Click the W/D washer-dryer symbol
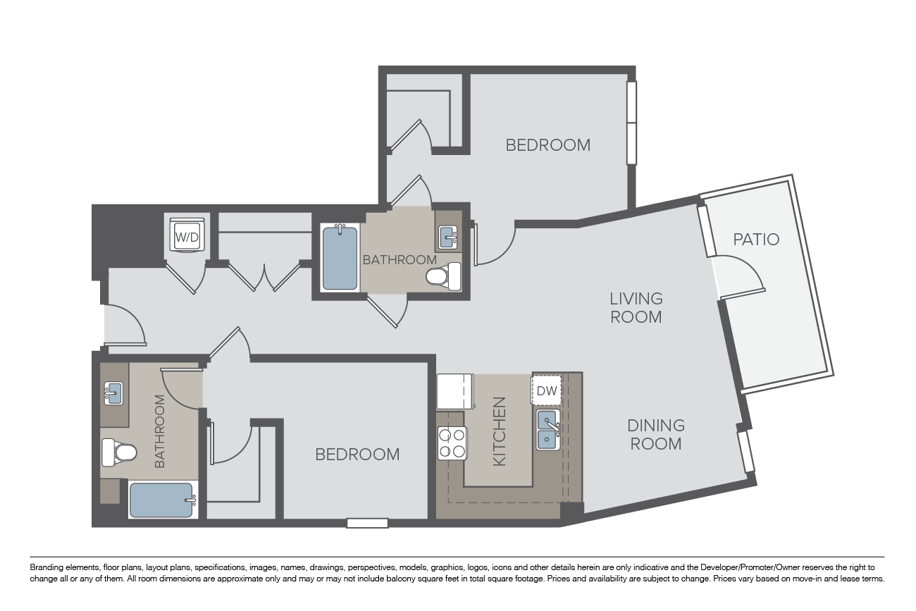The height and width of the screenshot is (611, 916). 187,235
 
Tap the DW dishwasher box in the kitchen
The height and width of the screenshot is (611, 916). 547,390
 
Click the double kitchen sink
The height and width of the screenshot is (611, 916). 548,429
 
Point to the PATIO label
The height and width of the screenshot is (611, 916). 756,240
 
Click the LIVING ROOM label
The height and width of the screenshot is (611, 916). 636,307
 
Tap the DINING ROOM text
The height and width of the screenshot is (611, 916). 656,434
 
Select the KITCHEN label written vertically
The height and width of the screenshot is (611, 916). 500,431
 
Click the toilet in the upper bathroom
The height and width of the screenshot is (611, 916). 443,276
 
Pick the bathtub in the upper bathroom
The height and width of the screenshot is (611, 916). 340,258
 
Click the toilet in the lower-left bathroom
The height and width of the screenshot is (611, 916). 118,452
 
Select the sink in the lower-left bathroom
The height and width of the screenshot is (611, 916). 113,393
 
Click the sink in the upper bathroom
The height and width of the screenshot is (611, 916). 447,237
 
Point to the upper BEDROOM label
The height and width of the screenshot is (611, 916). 548,145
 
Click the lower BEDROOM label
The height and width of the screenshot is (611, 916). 357,455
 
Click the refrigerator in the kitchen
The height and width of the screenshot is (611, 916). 455,391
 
